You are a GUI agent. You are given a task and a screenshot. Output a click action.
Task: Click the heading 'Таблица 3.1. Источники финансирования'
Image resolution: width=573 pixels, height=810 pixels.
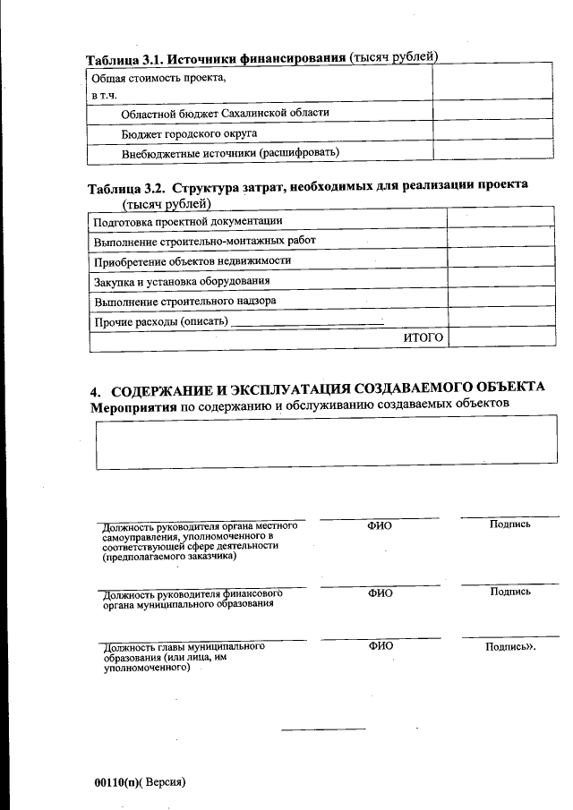[215, 59]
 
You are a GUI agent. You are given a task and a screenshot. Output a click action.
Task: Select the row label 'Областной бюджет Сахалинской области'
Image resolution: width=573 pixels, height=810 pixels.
[225, 113]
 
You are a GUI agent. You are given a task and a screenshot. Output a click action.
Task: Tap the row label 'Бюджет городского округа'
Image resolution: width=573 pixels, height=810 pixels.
[189, 132]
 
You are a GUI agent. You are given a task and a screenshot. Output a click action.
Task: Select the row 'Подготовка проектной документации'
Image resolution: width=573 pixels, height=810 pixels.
[188, 220]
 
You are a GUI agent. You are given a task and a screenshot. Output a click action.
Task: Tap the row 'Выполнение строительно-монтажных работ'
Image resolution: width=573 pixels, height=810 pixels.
[204, 241]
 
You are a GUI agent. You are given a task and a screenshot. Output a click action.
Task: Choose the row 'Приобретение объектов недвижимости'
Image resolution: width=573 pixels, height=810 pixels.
[192, 260]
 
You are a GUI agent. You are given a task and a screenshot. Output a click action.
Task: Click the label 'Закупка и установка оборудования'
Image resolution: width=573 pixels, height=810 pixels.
[182, 281]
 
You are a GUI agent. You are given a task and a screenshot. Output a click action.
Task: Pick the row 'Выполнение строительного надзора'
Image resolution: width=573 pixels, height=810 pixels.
[184, 301]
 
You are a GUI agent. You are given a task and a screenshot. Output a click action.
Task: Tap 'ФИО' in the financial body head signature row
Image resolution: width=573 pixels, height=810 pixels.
[380, 592]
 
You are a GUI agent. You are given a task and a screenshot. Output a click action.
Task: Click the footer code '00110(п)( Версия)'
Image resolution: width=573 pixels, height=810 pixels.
[139, 781]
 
